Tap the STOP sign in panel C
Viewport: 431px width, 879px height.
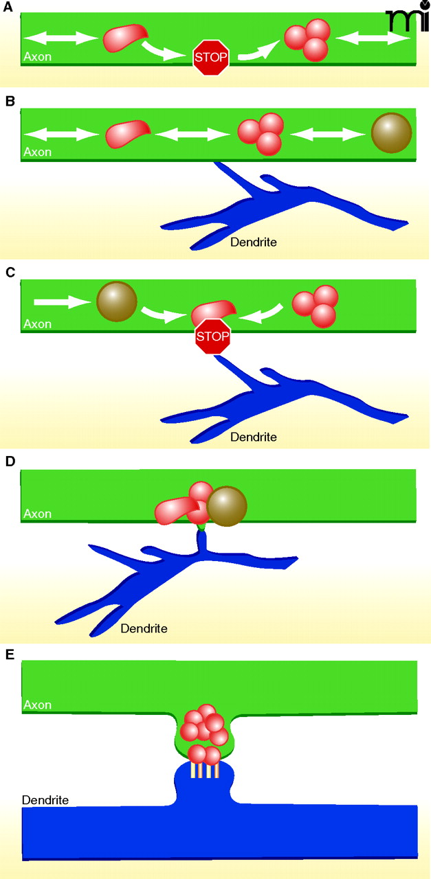pos(212,336)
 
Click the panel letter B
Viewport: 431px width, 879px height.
pos(10,101)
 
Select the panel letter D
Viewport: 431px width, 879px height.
pos(10,461)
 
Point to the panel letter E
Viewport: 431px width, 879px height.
pos(10,654)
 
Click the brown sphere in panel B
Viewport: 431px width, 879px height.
pos(391,133)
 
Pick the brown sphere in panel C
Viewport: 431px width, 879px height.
pos(117,301)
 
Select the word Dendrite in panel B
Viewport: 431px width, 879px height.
pos(254,242)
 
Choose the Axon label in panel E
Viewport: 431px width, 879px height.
pos(37,705)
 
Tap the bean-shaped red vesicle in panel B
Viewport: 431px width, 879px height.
pos(128,134)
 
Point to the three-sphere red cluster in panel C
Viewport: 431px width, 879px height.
pos(316,306)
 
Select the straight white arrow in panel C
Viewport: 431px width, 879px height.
pos(61,301)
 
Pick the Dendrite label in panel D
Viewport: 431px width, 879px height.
pos(144,628)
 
